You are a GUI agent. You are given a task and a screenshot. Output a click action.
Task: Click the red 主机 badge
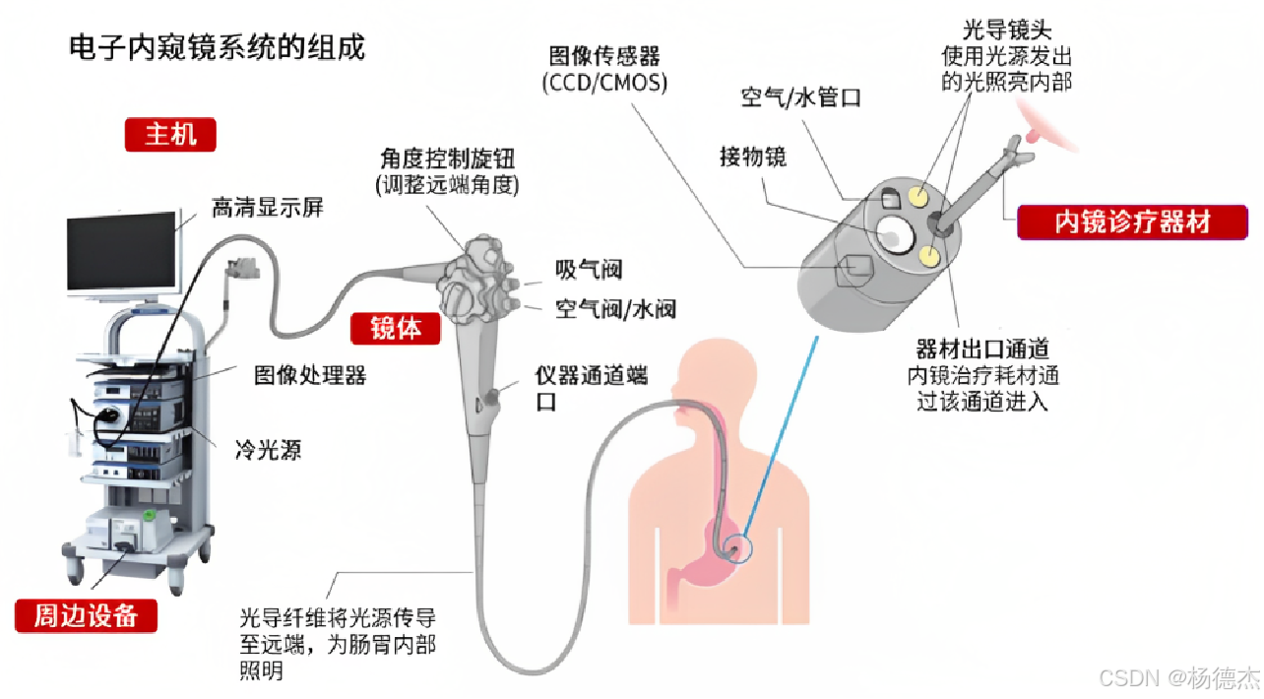tap(170, 134)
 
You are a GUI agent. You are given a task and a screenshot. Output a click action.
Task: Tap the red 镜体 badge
tap(396, 327)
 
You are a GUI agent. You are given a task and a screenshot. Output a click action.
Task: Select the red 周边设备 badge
tap(86, 615)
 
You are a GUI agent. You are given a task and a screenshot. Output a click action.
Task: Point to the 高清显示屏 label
tap(267, 208)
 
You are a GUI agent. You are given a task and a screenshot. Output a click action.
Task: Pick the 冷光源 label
tap(268, 451)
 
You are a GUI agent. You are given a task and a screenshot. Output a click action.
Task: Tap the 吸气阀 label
tap(589, 270)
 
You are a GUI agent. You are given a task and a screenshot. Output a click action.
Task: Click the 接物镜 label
tap(753, 157)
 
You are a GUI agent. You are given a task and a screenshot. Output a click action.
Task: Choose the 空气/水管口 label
tap(801, 97)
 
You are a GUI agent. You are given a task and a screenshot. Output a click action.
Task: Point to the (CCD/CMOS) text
tap(604, 84)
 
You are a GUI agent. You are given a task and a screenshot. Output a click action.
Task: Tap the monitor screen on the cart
tap(121, 253)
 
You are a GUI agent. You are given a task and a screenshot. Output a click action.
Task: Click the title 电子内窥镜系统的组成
tap(217, 46)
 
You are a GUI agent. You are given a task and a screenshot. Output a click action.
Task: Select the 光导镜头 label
tap(1006, 32)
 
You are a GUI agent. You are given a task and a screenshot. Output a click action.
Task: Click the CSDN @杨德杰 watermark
tap(1178, 677)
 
